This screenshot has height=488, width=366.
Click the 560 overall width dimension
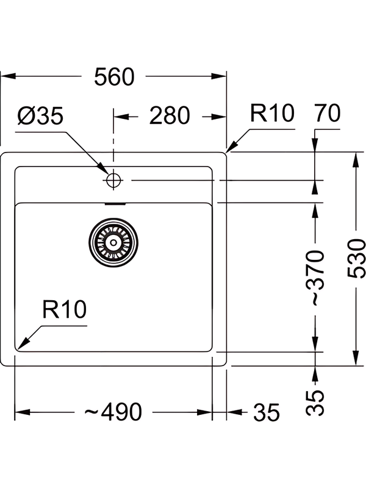pos(114,77)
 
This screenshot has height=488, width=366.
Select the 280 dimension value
pos(170,115)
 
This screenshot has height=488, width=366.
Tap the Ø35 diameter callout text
pos(40,116)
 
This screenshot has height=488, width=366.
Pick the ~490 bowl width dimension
pos(113,412)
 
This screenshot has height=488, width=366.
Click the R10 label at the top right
pos(272,113)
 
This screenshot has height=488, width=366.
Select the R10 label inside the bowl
pos(64,310)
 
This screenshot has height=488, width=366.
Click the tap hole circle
pos(113,180)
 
